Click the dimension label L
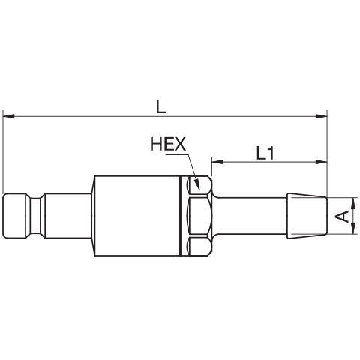click(x=161, y=106)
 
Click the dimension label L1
click(x=265, y=153)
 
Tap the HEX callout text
click(x=168, y=144)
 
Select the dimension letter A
click(x=342, y=216)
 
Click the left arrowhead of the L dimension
click(x=8, y=116)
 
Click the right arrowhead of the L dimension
click(x=321, y=116)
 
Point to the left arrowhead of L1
click(x=217, y=162)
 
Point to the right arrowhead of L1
click(x=321, y=162)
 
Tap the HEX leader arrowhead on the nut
click(x=197, y=184)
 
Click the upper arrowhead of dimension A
click(x=353, y=203)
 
